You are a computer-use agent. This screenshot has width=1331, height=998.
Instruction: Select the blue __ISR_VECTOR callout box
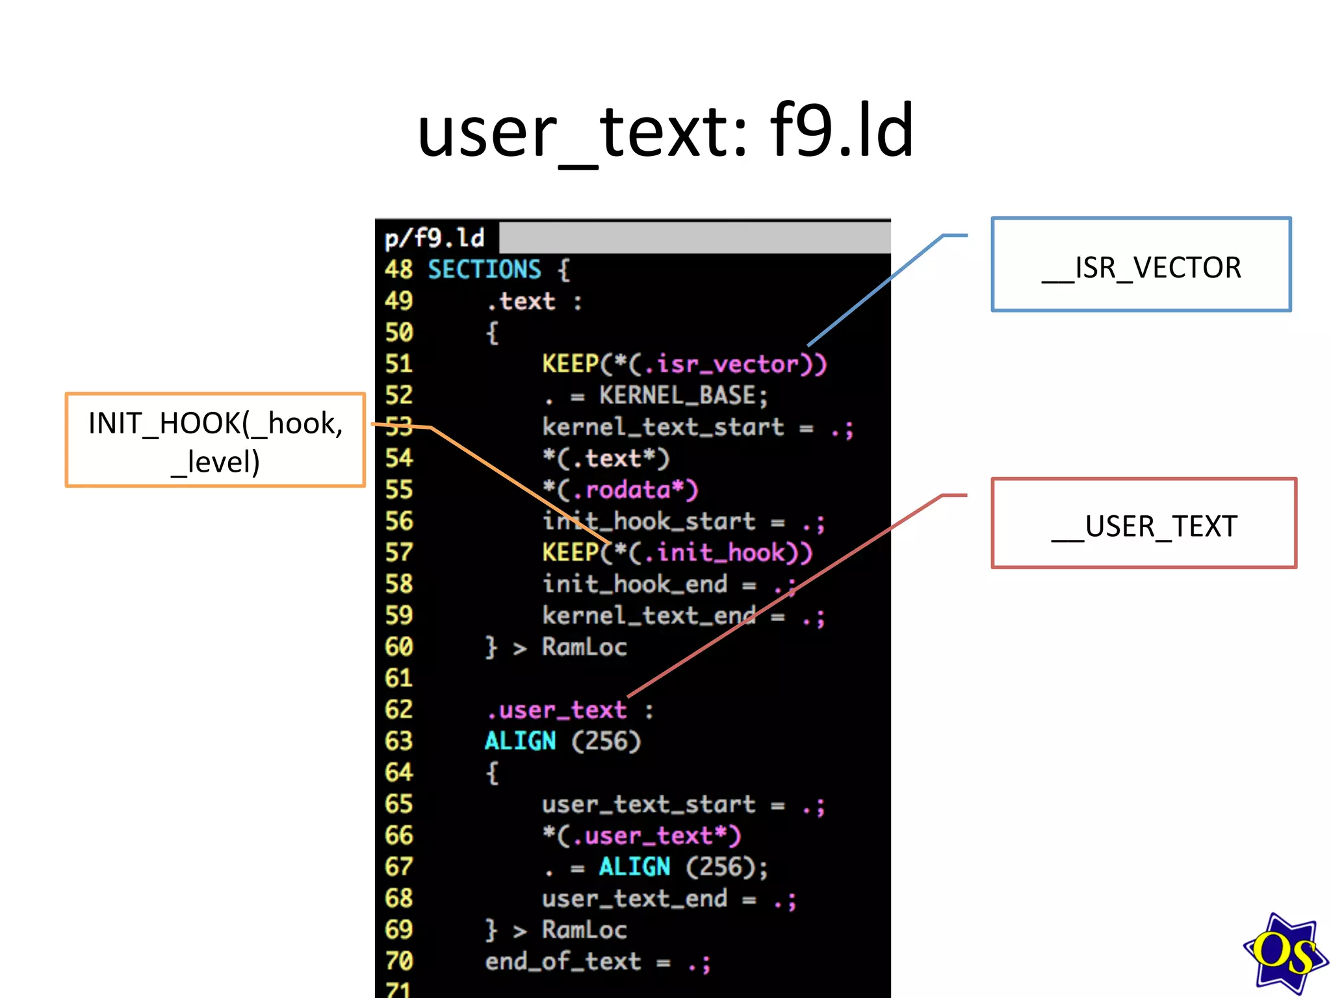(1141, 265)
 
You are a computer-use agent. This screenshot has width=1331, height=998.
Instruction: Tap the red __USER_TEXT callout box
(1143, 524)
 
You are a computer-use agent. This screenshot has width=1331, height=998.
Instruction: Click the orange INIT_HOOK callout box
(215, 440)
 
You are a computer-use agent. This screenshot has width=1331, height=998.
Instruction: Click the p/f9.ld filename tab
(435, 238)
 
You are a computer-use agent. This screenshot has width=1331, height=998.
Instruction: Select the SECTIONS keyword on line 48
(484, 270)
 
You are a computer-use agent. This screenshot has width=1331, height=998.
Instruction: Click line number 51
(398, 364)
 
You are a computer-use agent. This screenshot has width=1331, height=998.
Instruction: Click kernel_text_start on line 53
(663, 428)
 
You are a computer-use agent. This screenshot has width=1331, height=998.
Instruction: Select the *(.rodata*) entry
(620, 490)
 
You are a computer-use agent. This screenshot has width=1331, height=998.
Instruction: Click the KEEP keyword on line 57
(570, 553)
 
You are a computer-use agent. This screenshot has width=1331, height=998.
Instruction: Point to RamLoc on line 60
(584, 647)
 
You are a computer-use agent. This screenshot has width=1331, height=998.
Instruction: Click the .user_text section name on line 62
(556, 710)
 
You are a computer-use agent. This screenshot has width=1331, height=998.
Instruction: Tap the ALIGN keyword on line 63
(520, 741)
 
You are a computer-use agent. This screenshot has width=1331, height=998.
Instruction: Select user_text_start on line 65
(648, 805)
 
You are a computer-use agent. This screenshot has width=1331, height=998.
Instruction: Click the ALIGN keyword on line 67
(634, 867)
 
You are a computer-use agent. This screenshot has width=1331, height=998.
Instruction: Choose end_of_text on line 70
(563, 962)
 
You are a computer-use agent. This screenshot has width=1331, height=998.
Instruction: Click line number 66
(398, 836)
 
